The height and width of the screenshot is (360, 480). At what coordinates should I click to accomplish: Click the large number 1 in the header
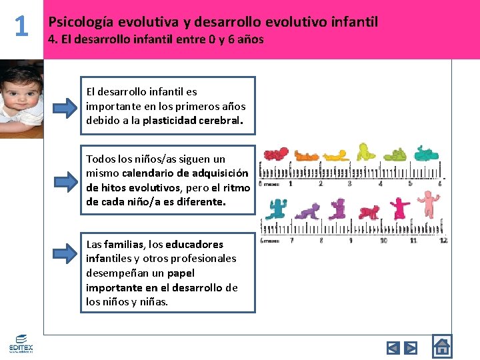21,27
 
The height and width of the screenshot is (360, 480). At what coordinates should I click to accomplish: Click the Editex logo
21,344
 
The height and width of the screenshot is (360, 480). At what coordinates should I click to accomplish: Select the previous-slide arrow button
393,347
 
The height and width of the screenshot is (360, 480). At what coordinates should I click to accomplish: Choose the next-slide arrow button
411,347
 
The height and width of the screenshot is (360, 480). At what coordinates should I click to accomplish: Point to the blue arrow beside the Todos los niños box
65,181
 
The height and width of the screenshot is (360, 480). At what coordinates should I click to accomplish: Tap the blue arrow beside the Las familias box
65,252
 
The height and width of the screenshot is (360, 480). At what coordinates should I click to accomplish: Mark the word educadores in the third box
194,245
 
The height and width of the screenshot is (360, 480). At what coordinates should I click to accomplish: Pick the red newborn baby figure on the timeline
275,155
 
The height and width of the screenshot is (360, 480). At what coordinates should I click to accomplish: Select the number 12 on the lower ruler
443,240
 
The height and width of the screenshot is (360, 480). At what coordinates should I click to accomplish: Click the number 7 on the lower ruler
291,240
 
